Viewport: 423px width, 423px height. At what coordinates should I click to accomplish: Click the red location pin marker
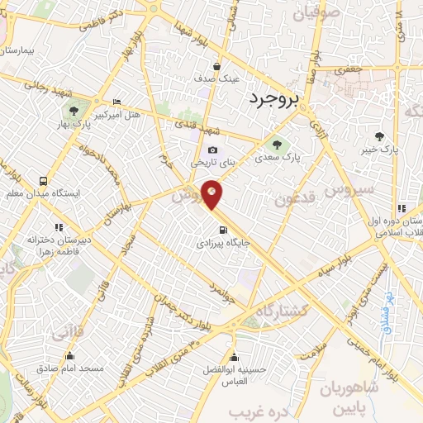click(x=212, y=193)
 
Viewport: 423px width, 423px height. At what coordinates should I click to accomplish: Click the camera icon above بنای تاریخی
click(x=213, y=150)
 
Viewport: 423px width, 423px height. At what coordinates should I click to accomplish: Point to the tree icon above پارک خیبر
click(x=379, y=137)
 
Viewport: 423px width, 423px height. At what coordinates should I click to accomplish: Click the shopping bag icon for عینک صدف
click(x=216, y=68)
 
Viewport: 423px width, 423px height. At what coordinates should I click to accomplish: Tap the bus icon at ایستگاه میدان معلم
click(x=42, y=180)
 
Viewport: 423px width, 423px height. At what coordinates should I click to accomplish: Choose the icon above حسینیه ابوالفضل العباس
click(x=236, y=358)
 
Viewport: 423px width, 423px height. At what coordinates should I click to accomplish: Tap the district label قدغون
click(x=296, y=198)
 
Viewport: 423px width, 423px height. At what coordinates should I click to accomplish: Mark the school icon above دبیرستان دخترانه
click(x=59, y=226)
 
